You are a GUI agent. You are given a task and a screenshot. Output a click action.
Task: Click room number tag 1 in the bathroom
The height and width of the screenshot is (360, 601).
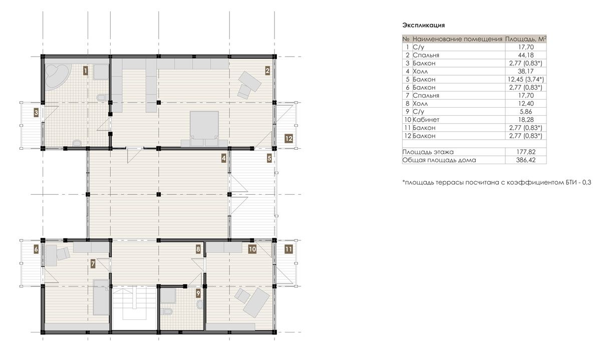coord(85,71)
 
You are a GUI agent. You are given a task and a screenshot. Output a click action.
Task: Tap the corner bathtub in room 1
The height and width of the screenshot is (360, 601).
coord(57,76)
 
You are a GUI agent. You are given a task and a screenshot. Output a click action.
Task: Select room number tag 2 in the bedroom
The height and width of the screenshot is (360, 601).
coord(267,71)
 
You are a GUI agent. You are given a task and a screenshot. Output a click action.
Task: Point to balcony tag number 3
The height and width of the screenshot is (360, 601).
coord(36,113)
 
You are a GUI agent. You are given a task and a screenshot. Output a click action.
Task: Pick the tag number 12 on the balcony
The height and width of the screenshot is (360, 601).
coord(288,139)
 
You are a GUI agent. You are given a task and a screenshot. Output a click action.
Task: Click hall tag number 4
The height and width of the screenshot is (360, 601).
coord(224,158)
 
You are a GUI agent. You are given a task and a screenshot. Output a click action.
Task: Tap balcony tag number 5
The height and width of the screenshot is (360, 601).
coord(269,158)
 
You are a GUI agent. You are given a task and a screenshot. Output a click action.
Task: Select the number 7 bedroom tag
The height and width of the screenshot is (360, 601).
coord(93,264)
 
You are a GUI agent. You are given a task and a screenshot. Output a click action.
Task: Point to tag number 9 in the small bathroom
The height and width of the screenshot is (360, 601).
coord(198,293)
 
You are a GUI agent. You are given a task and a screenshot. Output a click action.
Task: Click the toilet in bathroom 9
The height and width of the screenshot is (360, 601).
coord(168,312)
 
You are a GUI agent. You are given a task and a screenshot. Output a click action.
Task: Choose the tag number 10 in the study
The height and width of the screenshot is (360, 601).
coord(252,249)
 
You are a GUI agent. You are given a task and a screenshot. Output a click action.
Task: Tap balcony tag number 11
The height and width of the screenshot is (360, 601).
coord(288,249)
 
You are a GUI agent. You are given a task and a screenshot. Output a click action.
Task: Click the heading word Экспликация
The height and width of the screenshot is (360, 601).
coord(424,25)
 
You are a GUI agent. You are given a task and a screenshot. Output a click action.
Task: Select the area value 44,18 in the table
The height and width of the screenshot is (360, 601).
coord(526,55)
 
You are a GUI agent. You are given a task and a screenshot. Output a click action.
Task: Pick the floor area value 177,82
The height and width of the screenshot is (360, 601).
coord(526,152)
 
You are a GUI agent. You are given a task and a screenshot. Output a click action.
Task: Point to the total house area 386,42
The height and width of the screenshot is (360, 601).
coord(526,160)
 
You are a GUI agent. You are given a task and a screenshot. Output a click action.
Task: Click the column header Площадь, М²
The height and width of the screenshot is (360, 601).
coord(526,39)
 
